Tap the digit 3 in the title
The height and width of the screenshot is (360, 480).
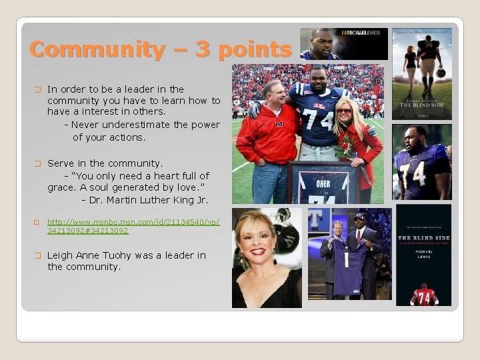coord(184,50)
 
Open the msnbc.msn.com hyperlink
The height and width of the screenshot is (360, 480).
coord(133,225)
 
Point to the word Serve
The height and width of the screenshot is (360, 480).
coord(61,163)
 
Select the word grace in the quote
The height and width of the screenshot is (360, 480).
coord(61,188)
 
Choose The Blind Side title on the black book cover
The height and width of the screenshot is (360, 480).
coord(423,238)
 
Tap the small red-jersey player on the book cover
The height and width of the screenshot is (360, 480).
coord(423,293)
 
